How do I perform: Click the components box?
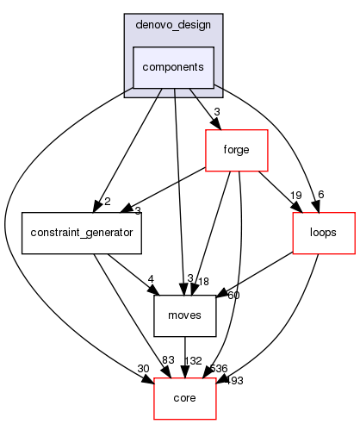[x=173, y=67]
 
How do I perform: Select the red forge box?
[x=236, y=151]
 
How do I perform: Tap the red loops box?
[x=324, y=233]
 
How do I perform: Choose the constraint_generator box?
[x=82, y=233]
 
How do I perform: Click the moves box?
[x=184, y=316]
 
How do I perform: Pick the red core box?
[x=184, y=399]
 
